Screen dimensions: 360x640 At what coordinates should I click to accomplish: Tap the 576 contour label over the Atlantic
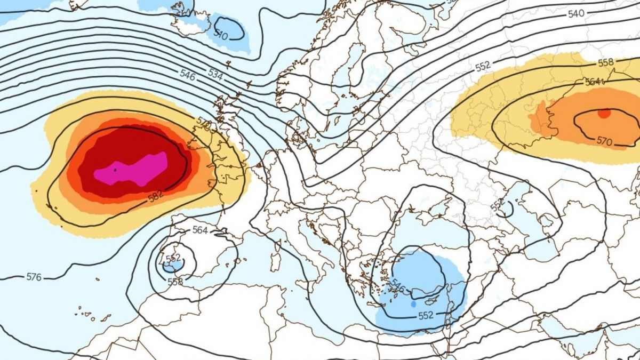point(33,277)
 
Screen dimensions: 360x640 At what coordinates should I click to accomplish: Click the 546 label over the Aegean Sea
point(398,286)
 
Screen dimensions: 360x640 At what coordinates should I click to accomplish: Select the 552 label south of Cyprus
point(426,315)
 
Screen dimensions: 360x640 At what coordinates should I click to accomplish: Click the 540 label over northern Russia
point(576,14)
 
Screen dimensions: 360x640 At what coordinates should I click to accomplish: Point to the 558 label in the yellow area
point(606,62)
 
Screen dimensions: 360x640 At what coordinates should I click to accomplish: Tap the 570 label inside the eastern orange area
point(604,141)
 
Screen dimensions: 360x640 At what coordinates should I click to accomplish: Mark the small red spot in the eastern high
point(603,113)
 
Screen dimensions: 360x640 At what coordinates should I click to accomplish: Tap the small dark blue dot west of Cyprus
point(413,304)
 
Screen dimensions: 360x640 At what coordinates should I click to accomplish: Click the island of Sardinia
point(276,261)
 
